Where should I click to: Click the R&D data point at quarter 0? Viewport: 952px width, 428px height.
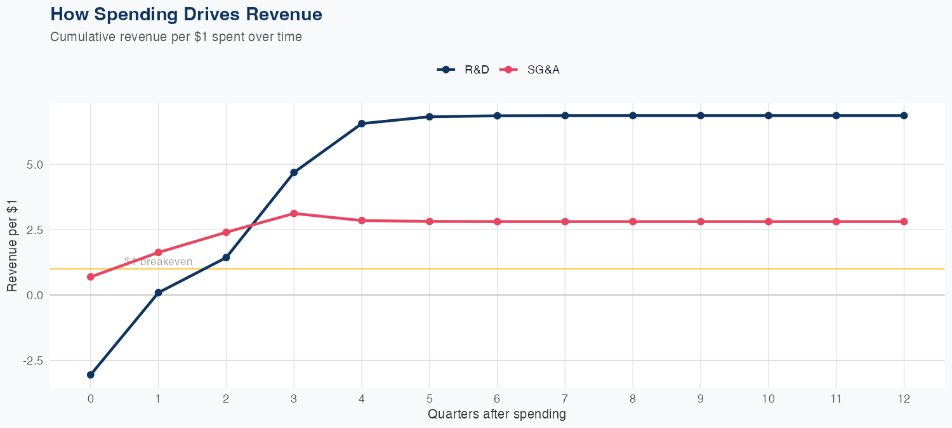click(90, 375)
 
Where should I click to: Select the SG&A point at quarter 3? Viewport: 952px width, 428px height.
click(294, 213)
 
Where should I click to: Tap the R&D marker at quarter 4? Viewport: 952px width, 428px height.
click(362, 124)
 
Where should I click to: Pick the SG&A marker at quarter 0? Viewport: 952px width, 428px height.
click(90, 277)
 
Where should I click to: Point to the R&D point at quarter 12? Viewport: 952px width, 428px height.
click(904, 115)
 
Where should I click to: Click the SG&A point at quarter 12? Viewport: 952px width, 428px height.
click(904, 221)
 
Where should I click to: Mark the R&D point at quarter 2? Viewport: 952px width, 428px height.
click(226, 257)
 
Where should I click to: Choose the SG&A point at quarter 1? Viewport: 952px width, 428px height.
click(158, 252)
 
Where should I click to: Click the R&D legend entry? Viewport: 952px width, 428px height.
click(463, 70)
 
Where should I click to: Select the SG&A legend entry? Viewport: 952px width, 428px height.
click(531, 70)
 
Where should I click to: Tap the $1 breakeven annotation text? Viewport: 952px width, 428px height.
click(158, 261)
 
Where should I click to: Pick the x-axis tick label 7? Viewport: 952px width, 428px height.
click(565, 399)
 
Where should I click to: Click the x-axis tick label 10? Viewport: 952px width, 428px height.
click(769, 399)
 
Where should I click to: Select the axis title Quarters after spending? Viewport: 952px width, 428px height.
click(496, 415)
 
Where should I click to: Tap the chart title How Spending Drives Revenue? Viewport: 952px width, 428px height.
click(186, 14)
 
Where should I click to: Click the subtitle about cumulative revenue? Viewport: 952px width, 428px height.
click(176, 37)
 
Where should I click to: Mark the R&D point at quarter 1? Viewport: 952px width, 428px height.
click(158, 293)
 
